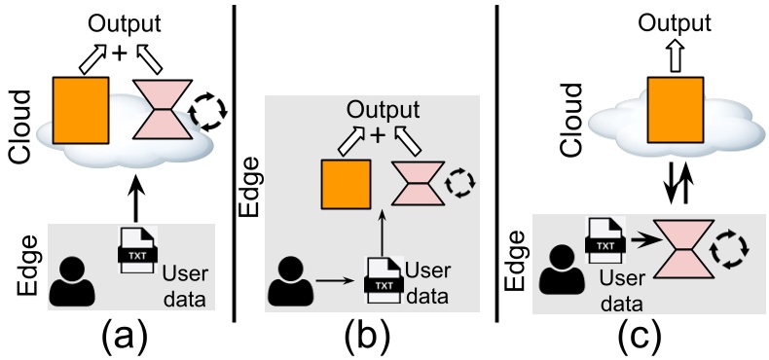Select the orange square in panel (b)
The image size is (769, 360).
click(346, 185)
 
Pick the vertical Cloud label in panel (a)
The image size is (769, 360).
click(21, 127)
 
